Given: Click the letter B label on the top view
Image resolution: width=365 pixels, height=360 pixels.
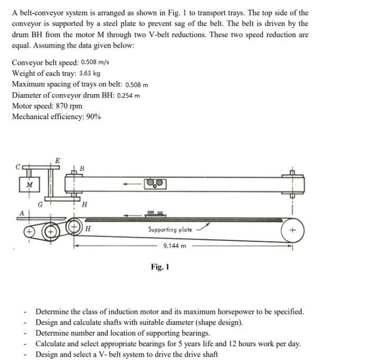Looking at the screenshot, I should [82, 168].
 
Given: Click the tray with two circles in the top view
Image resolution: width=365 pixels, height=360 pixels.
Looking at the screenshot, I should [155, 184].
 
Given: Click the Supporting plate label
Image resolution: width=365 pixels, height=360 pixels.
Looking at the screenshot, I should [170, 230].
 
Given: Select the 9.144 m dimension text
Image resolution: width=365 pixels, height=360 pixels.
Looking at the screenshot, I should [174, 246].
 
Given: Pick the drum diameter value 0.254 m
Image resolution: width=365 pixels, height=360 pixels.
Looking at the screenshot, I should [128, 95].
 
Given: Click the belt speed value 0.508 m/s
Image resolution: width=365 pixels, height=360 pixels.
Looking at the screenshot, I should [95, 62].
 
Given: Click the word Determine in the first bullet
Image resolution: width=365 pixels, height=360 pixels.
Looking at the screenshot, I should [52, 311].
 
